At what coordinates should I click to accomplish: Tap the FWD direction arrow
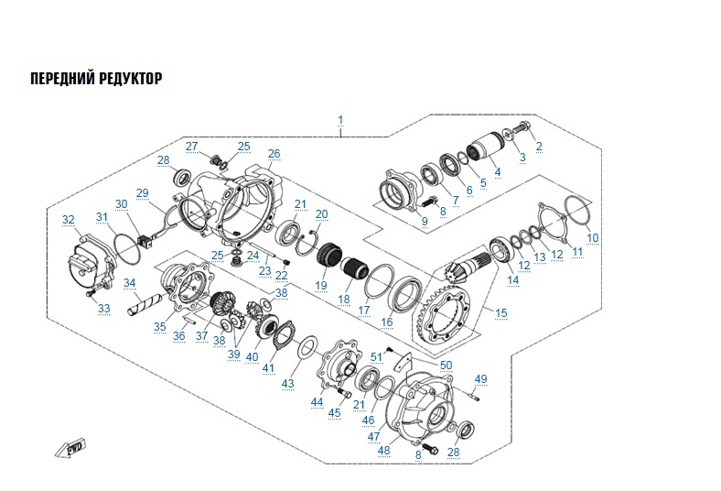coord(70,450)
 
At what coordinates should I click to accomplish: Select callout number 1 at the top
coord(340,120)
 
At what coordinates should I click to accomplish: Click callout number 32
coord(68,220)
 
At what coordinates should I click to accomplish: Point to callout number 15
coord(500,313)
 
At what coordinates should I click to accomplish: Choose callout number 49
coord(481,379)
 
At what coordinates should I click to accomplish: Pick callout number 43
coord(288,382)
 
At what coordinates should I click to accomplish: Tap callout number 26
coord(274,153)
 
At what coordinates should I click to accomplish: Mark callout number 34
coord(130,283)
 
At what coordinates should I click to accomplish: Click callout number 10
coord(593,237)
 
